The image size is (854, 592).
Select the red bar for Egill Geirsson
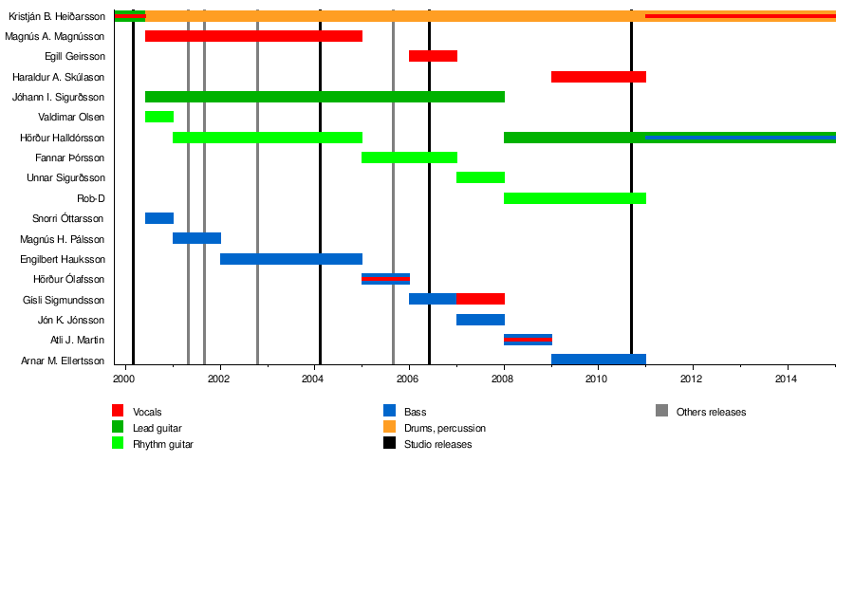433,56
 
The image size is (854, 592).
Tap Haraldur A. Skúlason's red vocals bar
598,77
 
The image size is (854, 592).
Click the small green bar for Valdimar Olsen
159,117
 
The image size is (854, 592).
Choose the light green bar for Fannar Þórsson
409,157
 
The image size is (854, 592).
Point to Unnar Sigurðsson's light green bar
480,177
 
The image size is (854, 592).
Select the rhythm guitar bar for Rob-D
575,198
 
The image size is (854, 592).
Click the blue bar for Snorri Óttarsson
159,218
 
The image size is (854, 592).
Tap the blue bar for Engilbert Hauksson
291,259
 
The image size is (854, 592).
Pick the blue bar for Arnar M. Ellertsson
598,360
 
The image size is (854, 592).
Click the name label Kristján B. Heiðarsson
57,16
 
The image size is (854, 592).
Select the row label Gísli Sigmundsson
64,300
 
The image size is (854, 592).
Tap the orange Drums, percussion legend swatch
389,427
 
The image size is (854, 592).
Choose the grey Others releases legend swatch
661,411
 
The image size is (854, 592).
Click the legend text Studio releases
437,444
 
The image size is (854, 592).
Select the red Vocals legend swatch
118,411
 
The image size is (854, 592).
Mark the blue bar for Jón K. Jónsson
480,320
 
